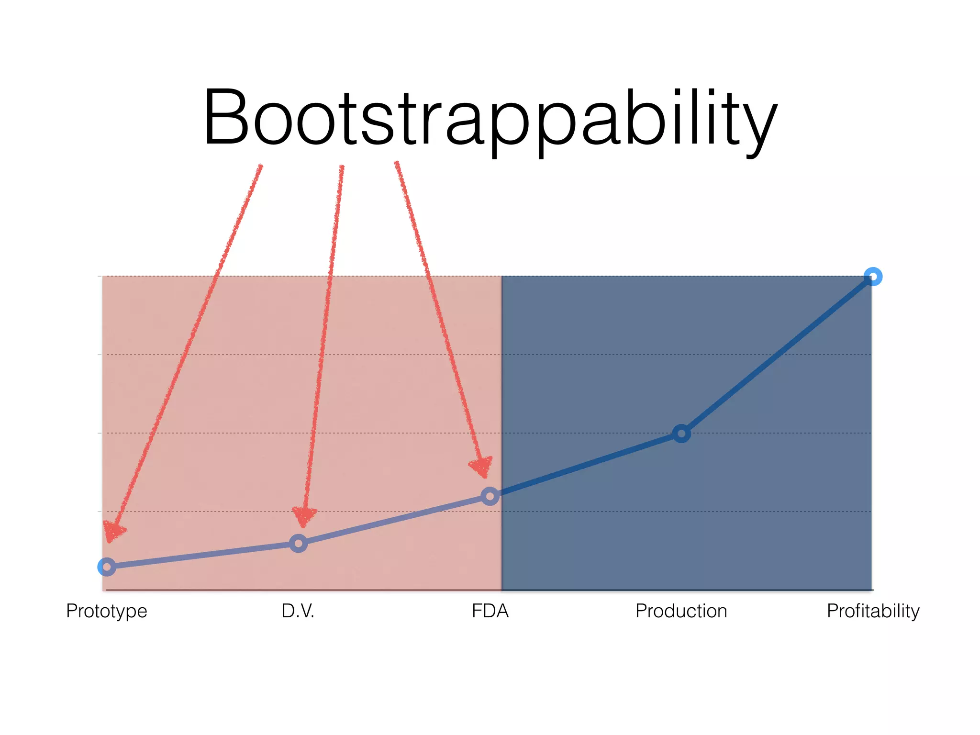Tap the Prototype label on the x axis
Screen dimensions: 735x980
point(107,611)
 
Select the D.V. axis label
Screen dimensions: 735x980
point(298,611)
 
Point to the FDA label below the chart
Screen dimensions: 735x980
point(490,611)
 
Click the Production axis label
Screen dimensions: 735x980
point(681,611)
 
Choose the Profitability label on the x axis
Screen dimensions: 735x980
point(873,611)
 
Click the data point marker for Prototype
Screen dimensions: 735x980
point(107,567)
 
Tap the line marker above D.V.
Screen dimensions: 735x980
point(298,543)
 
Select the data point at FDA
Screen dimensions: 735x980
point(490,496)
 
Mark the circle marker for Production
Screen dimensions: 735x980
point(681,434)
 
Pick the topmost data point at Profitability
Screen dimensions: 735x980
point(873,277)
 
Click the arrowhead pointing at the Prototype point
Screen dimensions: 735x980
point(113,532)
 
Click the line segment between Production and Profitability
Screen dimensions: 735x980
point(778,355)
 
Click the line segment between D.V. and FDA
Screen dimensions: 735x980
point(394,520)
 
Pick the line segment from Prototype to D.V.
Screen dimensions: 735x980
point(202,555)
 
